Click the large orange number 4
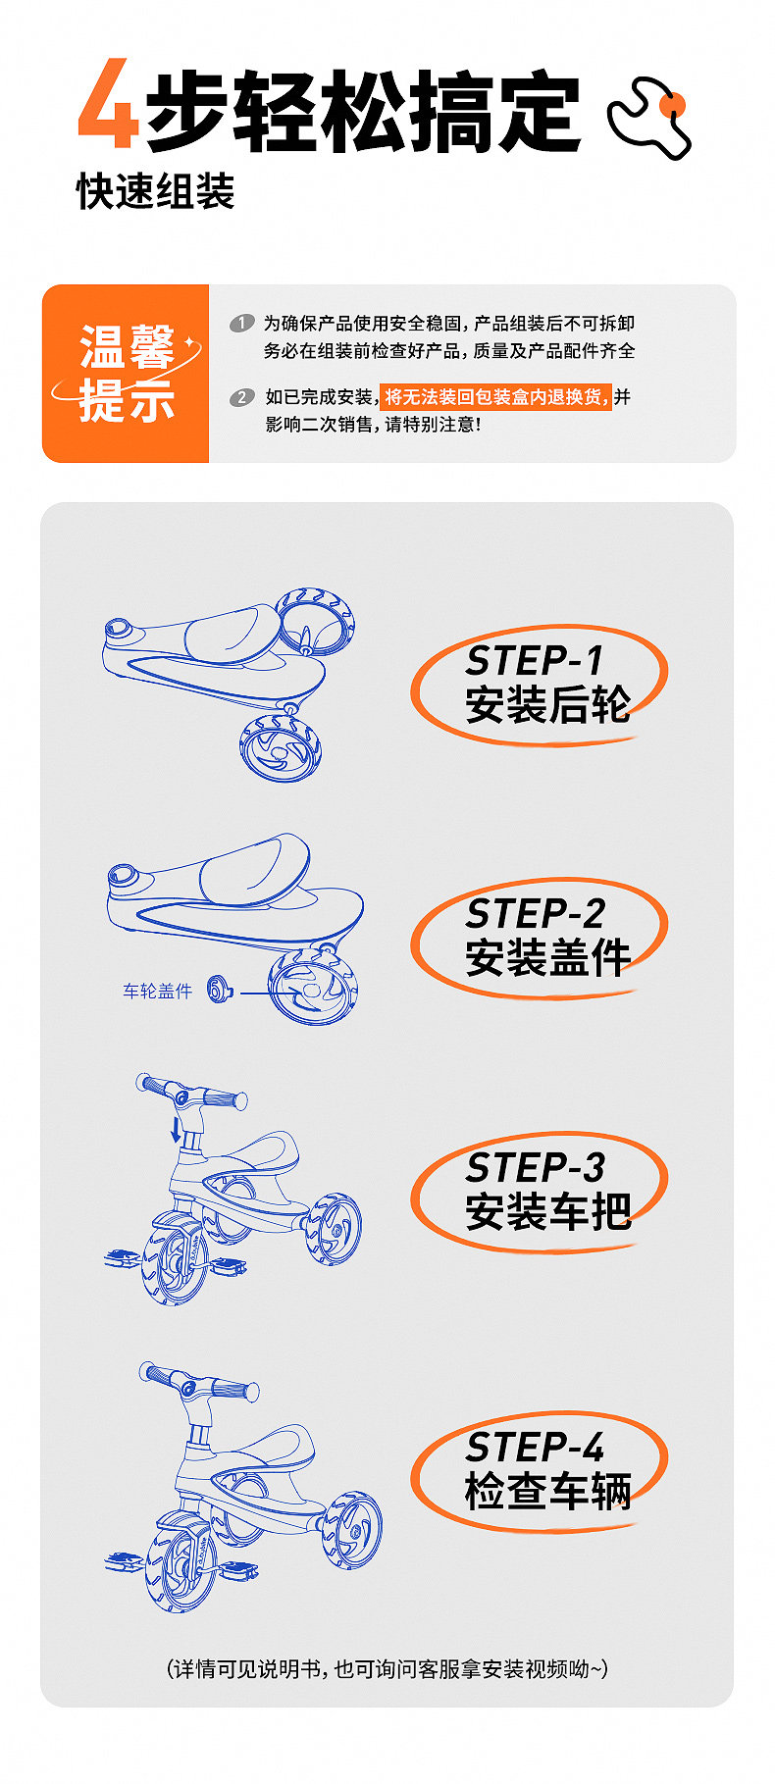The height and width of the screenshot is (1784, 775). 108,104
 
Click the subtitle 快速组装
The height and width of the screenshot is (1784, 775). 156,191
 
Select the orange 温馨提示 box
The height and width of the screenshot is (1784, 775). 126,374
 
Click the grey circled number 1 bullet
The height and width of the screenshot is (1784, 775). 241,323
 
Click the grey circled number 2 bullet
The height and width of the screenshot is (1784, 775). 241,397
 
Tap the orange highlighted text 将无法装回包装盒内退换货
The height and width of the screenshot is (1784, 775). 495,396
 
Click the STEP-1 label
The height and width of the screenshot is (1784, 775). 534,661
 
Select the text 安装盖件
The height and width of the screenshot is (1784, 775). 547,957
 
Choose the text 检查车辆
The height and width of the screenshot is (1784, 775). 547,1492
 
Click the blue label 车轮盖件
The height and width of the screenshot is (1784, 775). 157,992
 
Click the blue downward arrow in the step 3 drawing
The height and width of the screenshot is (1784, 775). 177,1129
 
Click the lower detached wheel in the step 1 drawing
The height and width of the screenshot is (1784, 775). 280,748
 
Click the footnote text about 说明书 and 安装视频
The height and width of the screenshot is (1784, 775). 387,1668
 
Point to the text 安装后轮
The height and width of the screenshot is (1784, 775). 547,704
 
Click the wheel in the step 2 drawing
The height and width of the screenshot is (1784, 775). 313,988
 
